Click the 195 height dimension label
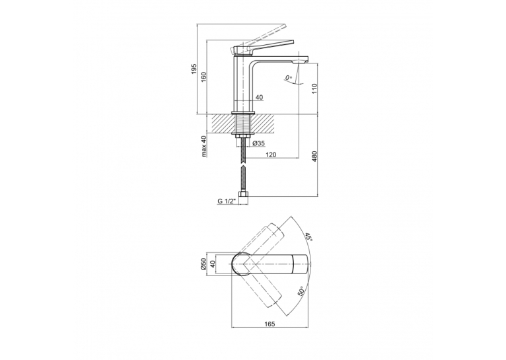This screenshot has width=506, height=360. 194,69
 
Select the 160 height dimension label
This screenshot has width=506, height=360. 203,77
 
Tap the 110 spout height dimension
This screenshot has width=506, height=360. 315,89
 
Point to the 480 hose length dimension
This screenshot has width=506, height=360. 315,156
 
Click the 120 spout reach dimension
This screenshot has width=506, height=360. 271,155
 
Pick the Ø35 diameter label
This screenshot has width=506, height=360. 259,143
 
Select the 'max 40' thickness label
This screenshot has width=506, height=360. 203,147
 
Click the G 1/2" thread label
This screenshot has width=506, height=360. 227,201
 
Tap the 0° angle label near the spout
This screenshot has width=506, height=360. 289,78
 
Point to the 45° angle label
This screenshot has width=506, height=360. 309,237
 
